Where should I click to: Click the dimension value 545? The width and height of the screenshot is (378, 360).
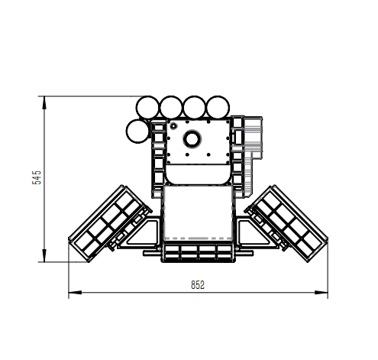37,177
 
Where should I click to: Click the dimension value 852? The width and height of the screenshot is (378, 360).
198,285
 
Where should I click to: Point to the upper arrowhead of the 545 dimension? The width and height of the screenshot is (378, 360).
44,102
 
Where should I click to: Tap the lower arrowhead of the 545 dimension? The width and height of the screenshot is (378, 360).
44,255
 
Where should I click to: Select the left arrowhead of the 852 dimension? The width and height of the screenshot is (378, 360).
75,292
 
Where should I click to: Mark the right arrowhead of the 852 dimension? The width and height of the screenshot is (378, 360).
321,292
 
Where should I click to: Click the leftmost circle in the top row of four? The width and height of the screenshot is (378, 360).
147,107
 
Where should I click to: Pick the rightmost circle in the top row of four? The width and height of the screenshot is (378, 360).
218,107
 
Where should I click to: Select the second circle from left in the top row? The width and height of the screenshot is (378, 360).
171,107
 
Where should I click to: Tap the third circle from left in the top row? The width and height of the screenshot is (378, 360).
194,107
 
